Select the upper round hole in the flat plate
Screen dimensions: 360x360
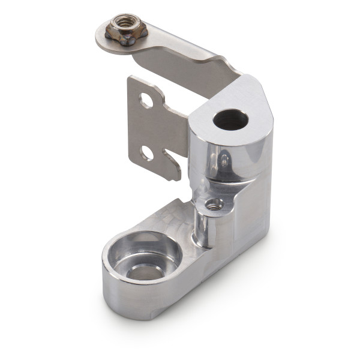click(146, 100)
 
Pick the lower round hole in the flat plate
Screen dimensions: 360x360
click(147, 154)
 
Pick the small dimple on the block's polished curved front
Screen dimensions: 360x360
click(223, 160)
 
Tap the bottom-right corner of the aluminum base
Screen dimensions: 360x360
click(264, 240)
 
